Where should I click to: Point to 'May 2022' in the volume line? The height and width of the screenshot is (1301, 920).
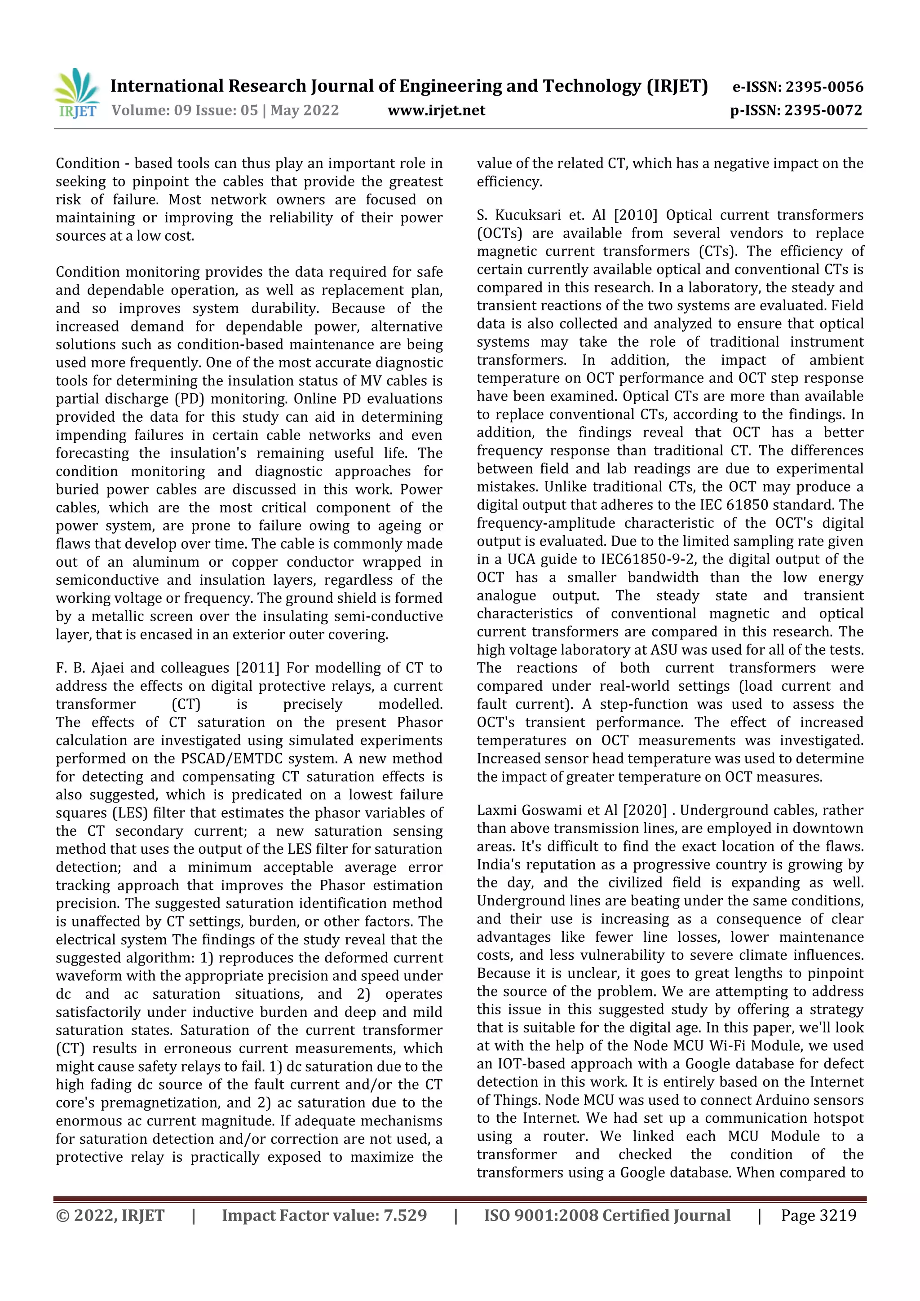click(305, 110)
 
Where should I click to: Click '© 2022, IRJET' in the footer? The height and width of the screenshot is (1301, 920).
click(110, 1215)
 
